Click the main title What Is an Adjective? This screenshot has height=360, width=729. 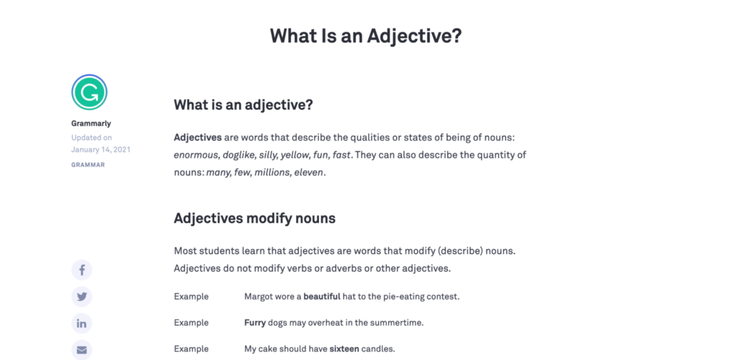[365, 36]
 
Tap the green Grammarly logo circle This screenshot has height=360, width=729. [89, 92]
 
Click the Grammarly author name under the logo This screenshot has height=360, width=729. [91, 123]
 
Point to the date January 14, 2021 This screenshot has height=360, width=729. [100, 149]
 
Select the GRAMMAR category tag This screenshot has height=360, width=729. [88, 164]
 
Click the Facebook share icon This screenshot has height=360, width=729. [82, 270]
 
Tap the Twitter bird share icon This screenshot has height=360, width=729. [82, 297]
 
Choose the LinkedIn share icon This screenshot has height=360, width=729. [82, 323]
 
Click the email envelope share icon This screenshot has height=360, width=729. [82, 349]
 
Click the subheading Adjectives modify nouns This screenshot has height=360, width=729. [254, 218]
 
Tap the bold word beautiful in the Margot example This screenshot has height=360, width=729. [322, 296]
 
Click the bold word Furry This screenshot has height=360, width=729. [255, 322]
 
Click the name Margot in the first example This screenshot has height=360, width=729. [259, 296]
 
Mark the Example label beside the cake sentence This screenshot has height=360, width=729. [191, 349]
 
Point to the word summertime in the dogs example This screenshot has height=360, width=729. [399, 322]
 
